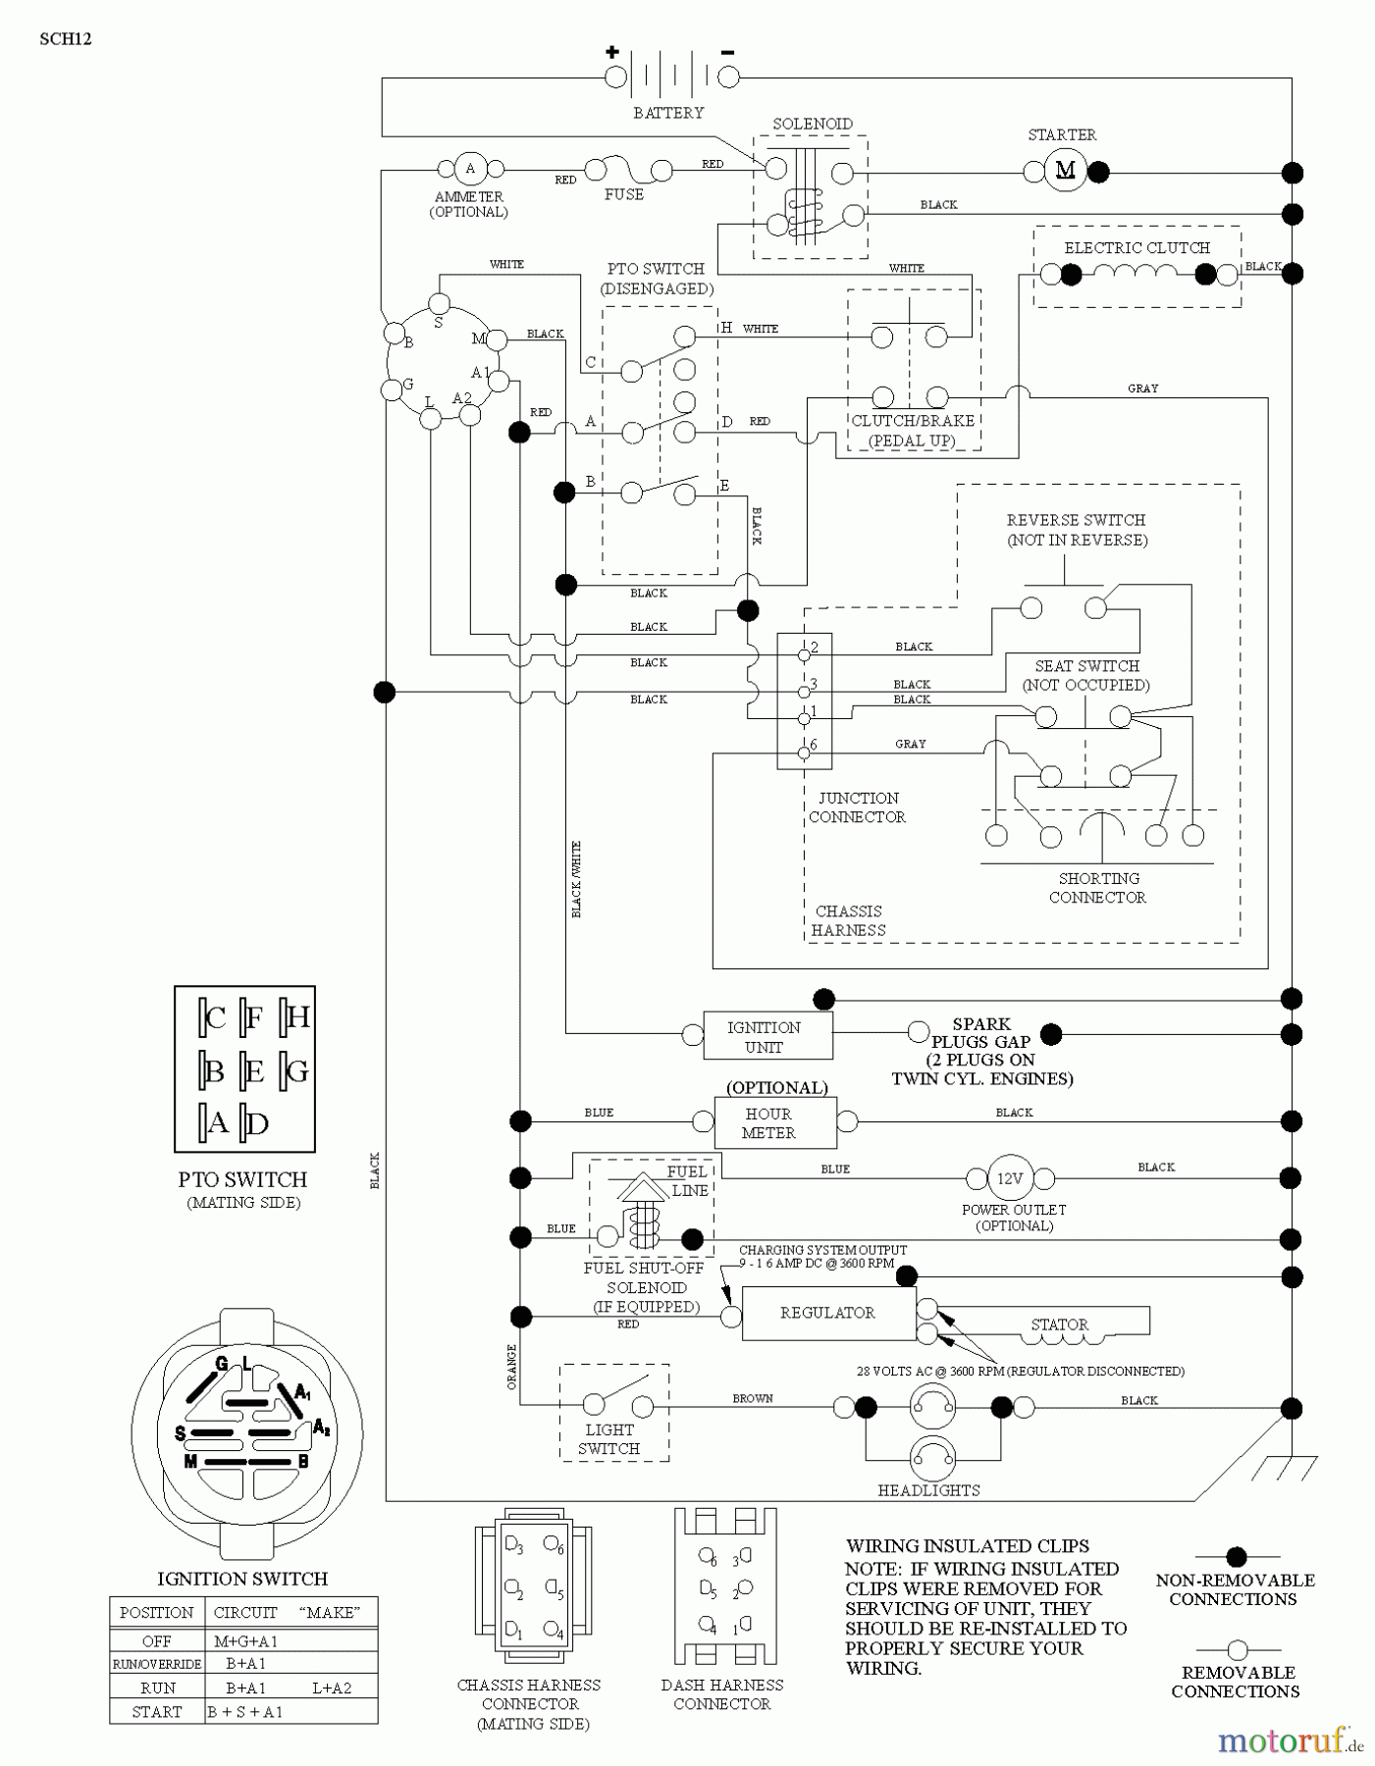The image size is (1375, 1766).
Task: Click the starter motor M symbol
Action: (1065, 172)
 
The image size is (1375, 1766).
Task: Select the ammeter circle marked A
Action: (470, 168)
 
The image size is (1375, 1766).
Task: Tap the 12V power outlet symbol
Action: (1010, 1178)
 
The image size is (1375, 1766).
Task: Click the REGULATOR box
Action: (827, 1313)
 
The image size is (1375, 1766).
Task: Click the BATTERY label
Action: (668, 113)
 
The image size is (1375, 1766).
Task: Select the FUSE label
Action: (624, 194)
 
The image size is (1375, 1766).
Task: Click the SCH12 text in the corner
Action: (66, 40)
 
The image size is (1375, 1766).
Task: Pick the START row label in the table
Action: (157, 1712)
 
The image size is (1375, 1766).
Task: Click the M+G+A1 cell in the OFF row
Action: (239, 1640)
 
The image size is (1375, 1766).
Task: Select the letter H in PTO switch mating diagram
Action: (297, 1017)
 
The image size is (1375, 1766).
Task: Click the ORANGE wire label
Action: (511, 1366)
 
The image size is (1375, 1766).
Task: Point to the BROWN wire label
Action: (753, 1398)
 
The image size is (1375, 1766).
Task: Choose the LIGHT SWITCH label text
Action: (608, 1439)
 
